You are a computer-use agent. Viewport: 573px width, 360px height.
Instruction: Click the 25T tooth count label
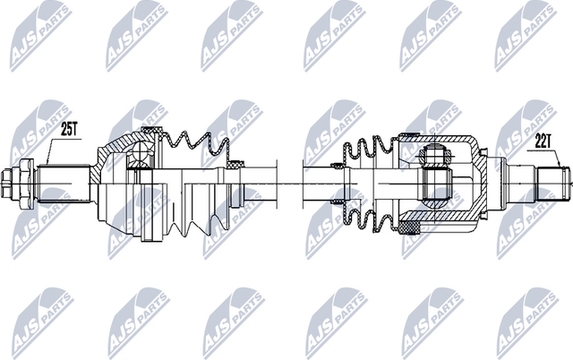click(x=70, y=129)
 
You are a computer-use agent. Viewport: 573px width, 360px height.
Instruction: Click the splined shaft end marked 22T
click(x=549, y=183)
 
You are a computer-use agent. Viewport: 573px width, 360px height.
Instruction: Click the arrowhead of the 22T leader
click(x=563, y=167)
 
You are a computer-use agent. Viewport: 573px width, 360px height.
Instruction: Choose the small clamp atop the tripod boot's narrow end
click(x=338, y=165)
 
